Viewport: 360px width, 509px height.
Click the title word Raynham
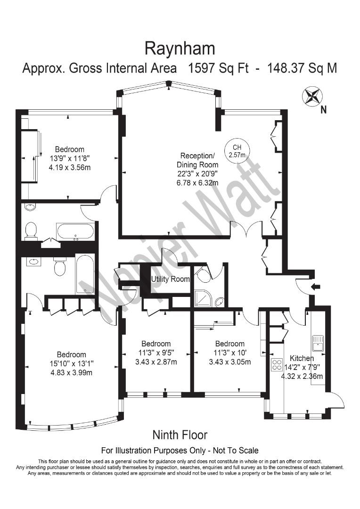click(180, 49)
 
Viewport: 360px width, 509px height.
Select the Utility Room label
click(170, 279)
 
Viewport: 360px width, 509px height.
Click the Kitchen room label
click(302, 358)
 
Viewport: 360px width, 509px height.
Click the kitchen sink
click(317, 340)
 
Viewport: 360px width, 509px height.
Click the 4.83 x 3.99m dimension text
click(72, 373)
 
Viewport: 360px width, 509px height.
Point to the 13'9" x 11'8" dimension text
click(69, 158)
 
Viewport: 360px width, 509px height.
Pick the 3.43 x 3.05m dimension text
click(229, 362)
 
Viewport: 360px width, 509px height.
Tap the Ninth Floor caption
click(180, 435)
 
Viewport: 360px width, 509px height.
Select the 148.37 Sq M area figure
click(302, 68)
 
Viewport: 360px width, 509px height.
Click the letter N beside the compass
click(323, 110)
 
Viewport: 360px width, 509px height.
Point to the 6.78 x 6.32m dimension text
click(197, 182)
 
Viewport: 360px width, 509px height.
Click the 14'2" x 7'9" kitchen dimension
click(302, 367)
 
